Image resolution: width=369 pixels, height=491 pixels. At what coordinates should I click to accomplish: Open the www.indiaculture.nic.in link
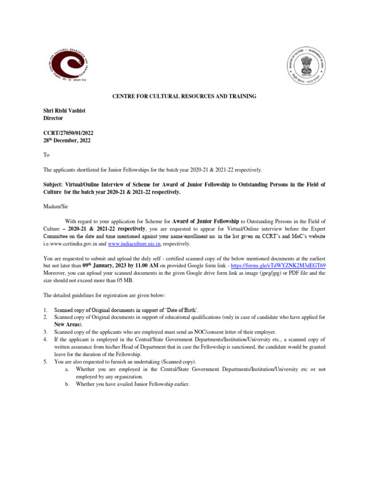[x=140, y=244]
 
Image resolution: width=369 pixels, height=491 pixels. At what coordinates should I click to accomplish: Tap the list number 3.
[x=45, y=331]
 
